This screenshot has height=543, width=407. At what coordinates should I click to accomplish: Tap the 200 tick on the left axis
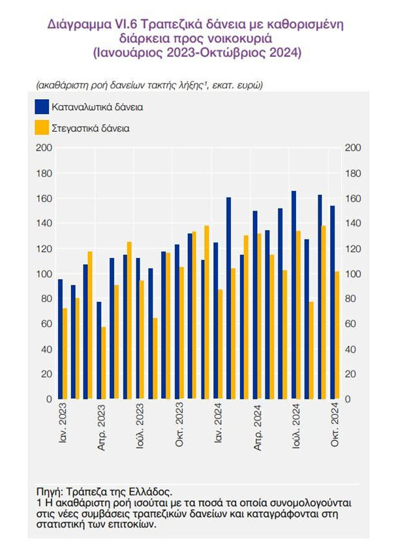click(x=44, y=148)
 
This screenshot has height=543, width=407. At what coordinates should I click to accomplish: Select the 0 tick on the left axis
click(x=48, y=399)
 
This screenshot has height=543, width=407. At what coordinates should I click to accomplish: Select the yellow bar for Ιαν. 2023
click(x=65, y=353)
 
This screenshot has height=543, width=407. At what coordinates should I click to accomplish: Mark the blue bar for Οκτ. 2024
click(x=332, y=302)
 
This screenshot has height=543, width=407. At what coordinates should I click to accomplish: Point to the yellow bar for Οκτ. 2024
click(x=337, y=335)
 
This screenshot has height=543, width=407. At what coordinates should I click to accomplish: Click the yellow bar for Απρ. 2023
click(x=103, y=362)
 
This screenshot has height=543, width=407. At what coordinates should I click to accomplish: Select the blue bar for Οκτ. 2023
click(x=177, y=321)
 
